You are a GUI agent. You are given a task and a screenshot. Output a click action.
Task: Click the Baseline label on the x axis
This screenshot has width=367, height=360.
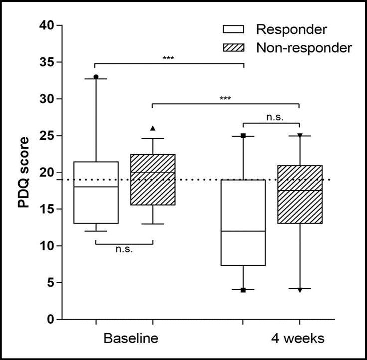(x=131, y=338)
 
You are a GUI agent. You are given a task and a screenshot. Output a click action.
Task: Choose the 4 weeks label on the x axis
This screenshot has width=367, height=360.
(x=298, y=338)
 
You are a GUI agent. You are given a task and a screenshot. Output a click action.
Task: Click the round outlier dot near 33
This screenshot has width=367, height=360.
(x=96, y=77)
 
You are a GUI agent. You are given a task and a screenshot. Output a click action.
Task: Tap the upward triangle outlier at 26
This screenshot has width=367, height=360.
(x=152, y=128)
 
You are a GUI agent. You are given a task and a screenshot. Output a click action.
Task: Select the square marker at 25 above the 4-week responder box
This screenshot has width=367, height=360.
(x=243, y=135)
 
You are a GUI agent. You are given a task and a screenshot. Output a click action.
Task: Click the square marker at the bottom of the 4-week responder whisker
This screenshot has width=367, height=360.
(x=243, y=290)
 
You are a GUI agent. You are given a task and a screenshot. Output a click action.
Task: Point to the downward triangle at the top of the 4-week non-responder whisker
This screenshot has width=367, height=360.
(x=299, y=135)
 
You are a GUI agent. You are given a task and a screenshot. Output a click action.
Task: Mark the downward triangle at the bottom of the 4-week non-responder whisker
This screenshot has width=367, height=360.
(x=299, y=290)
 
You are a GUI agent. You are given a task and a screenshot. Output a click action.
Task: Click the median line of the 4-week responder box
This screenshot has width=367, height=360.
(x=243, y=231)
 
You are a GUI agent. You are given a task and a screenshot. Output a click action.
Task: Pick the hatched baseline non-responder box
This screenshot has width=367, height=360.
(x=152, y=180)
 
